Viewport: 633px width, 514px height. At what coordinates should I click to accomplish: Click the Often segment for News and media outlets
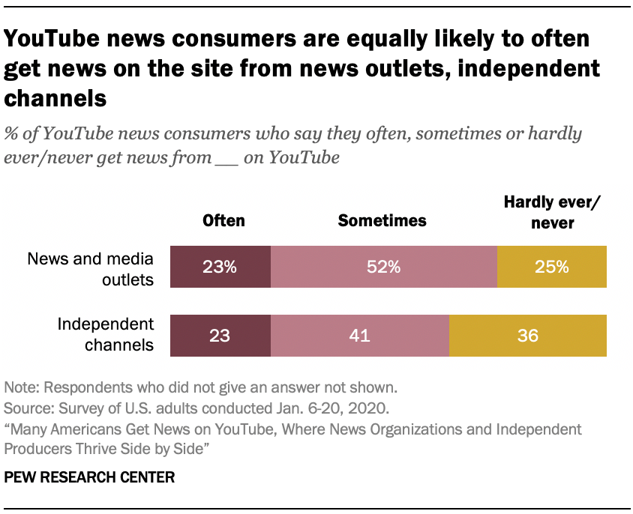tap(220, 267)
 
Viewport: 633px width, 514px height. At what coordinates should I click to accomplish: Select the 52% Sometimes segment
tap(383, 267)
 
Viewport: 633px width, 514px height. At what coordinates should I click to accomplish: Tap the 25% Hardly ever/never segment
tap(551, 267)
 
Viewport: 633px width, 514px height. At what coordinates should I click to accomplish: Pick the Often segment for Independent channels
tap(220, 335)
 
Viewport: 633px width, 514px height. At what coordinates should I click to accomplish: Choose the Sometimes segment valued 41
tap(359, 335)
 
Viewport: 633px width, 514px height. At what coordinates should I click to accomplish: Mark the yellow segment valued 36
tap(527, 335)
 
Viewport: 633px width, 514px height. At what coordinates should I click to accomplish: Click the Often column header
tap(223, 220)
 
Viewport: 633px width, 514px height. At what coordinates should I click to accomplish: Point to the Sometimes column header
tap(382, 220)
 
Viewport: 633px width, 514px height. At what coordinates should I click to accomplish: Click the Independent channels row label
tap(106, 335)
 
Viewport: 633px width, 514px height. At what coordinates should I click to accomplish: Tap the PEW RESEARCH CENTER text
tap(89, 477)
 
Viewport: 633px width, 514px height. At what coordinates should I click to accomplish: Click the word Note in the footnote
tap(19, 388)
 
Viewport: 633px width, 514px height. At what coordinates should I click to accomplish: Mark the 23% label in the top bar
tap(220, 267)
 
